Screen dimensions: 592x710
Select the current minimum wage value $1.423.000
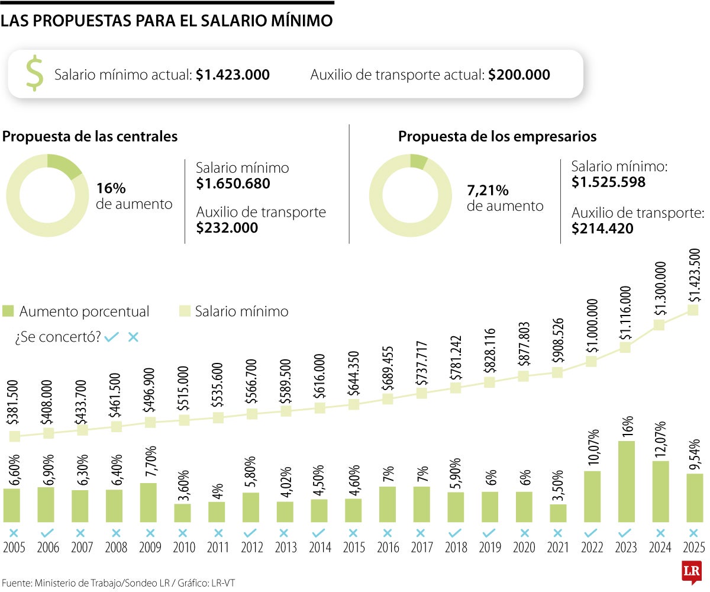point(233,75)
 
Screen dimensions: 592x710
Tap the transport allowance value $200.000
point(519,75)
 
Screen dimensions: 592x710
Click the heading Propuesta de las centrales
point(90,137)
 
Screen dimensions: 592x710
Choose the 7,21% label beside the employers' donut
point(488,191)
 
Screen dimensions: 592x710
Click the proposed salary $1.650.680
point(233,184)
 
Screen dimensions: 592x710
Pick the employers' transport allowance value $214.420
point(602,229)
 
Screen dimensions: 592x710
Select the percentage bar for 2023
point(627,481)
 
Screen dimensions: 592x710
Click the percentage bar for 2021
point(558,513)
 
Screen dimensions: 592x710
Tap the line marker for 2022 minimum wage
point(592,361)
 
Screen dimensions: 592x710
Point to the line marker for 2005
point(15,436)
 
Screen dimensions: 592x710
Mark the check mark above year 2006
point(48,533)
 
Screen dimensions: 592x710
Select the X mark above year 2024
point(660,533)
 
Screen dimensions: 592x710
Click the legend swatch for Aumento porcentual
point(8,311)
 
